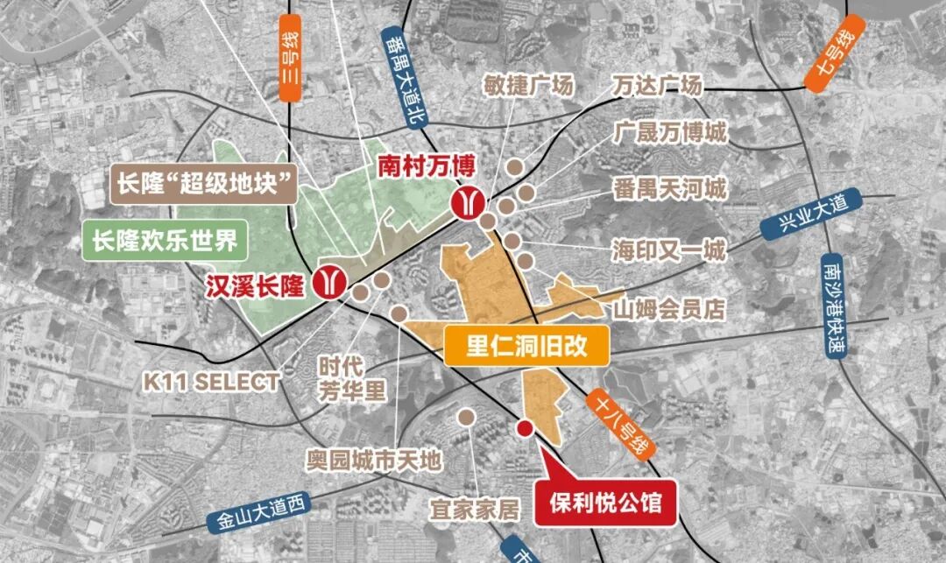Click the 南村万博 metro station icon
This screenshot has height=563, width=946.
point(466,202)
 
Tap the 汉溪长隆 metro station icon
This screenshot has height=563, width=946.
point(333,283)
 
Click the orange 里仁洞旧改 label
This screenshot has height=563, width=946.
point(526,346)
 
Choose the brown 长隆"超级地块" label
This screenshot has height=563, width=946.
point(203,185)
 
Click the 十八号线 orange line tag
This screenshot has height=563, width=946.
point(621,426)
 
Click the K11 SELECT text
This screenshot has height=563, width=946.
point(213,382)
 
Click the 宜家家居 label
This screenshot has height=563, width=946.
point(474,509)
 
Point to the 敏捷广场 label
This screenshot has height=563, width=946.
point(528,86)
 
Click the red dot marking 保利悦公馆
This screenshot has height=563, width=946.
point(524,428)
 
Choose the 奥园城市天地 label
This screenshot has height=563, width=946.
point(374,460)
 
